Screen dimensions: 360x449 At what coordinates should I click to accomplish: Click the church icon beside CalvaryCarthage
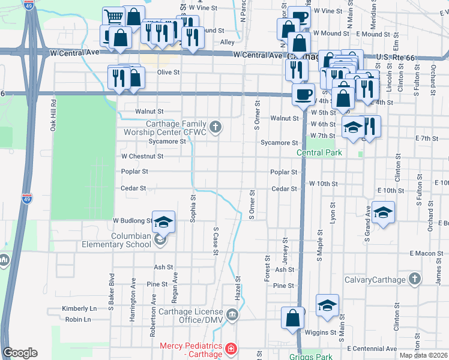click(414, 279)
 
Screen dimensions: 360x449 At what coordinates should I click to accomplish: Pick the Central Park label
click(320, 152)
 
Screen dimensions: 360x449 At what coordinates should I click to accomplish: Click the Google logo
click(20, 353)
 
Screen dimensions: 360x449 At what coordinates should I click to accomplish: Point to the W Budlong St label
click(133, 221)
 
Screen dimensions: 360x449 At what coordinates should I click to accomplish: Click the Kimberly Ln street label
click(79, 308)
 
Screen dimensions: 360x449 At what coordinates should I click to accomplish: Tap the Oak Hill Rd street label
click(53, 115)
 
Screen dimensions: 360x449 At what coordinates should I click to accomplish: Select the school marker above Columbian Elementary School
click(163, 222)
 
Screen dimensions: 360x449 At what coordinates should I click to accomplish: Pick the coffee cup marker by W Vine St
click(299, 16)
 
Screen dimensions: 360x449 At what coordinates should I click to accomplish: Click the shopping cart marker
click(113, 17)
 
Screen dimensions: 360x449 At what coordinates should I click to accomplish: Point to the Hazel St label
click(238, 283)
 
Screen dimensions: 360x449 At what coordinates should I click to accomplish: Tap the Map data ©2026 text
click(423, 355)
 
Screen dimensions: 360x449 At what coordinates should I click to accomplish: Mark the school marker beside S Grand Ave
click(383, 212)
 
